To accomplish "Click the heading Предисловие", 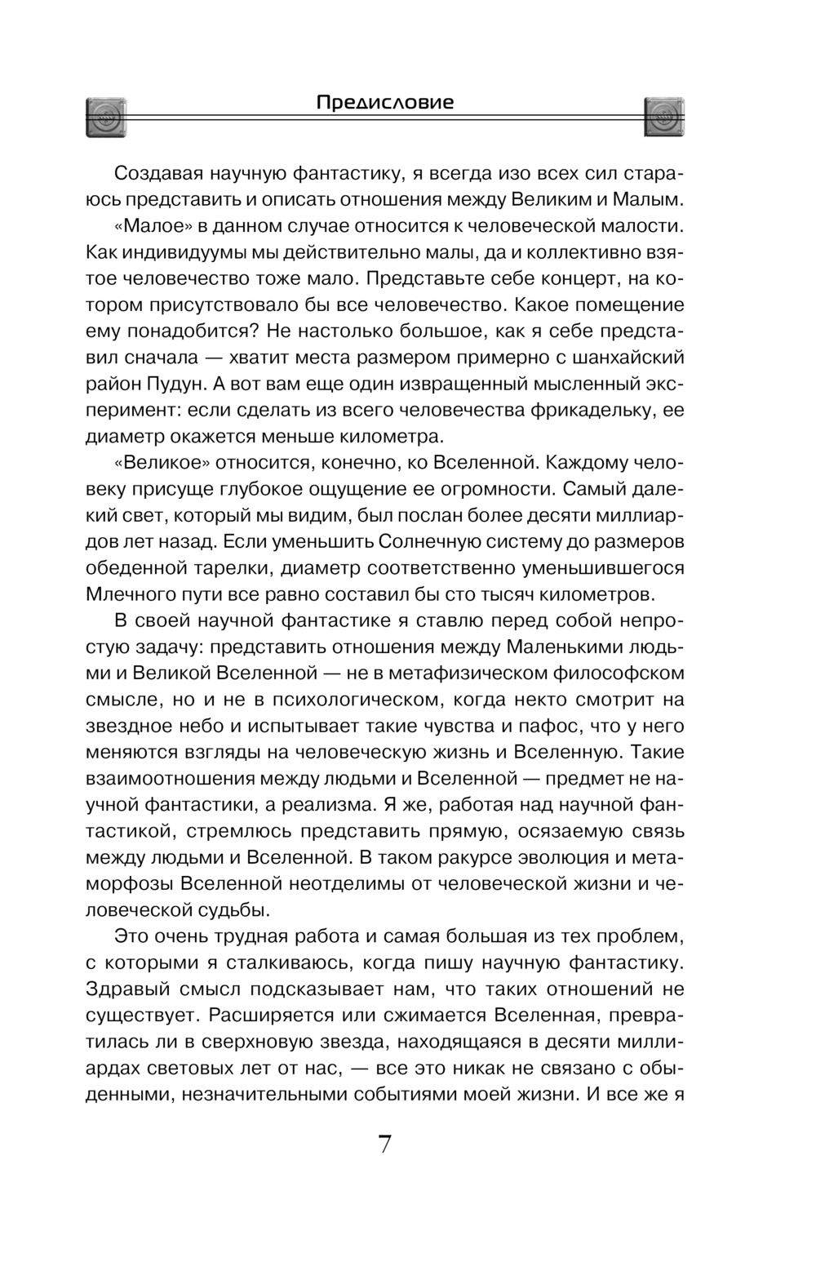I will pyautogui.click(x=384, y=103).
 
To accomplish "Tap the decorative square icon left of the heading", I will pyautogui.click(x=107, y=117).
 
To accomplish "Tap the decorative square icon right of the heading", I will pyautogui.click(x=664, y=117).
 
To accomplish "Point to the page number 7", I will pyautogui.click(x=385, y=1145).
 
